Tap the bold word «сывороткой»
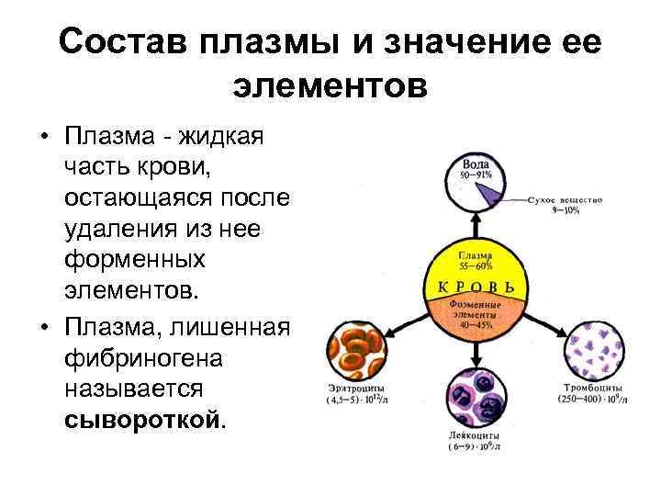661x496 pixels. (x=142, y=420)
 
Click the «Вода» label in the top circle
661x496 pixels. (x=475, y=163)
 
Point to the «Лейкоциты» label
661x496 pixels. (x=475, y=437)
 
